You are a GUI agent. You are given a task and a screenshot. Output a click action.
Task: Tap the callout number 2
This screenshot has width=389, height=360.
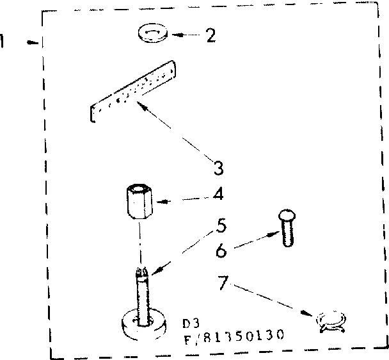point(210,35)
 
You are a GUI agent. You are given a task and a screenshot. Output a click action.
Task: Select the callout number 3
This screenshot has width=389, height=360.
point(218,168)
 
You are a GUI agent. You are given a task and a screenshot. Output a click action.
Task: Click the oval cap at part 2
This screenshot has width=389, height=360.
point(152,34)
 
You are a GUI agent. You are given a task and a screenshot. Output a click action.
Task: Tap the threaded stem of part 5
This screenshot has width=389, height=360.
point(142,291)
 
